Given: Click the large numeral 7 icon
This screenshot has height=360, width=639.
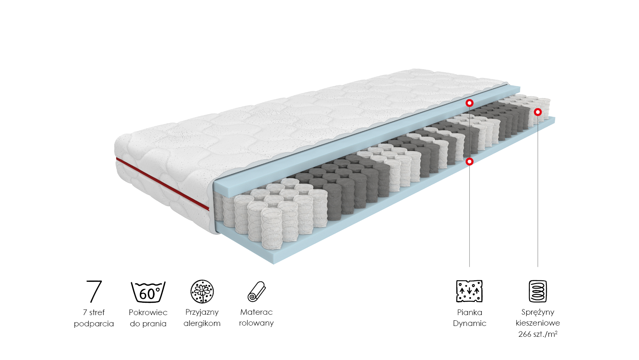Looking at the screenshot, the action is click(x=94, y=291).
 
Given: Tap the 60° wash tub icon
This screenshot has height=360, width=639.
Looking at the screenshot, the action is click(x=148, y=292).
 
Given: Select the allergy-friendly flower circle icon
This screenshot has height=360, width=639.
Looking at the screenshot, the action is click(x=202, y=291).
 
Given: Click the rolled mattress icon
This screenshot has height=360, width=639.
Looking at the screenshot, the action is click(x=256, y=292).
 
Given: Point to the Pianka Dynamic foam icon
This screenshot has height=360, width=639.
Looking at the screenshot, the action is click(x=469, y=291).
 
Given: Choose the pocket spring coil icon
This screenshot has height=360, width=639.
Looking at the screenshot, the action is click(x=538, y=291).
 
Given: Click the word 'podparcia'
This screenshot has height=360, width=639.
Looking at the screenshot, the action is click(x=94, y=324).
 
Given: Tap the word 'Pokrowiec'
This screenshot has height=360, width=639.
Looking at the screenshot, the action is click(x=148, y=312).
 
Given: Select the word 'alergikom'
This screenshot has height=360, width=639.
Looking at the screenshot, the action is click(x=202, y=323).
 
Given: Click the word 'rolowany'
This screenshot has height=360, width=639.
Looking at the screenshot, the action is click(x=256, y=323).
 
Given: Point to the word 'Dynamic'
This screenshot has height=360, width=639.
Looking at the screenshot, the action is click(x=470, y=323).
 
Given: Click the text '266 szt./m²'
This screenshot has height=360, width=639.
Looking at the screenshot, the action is click(x=538, y=334).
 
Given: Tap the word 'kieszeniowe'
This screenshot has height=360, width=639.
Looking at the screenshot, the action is click(x=538, y=323).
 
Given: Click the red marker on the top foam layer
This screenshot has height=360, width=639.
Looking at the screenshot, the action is click(x=469, y=103).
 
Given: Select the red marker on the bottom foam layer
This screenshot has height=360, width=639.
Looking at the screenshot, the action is click(x=469, y=161).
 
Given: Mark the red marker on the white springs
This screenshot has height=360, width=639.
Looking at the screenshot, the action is click(x=538, y=112).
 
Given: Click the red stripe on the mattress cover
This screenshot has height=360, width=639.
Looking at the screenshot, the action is click(x=162, y=184).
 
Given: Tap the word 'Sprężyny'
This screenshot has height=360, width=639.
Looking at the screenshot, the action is click(x=538, y=312).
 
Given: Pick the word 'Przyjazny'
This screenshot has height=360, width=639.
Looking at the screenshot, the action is click(x=202, y=312).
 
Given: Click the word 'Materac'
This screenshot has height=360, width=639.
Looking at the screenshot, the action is click(x=256, y=312).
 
